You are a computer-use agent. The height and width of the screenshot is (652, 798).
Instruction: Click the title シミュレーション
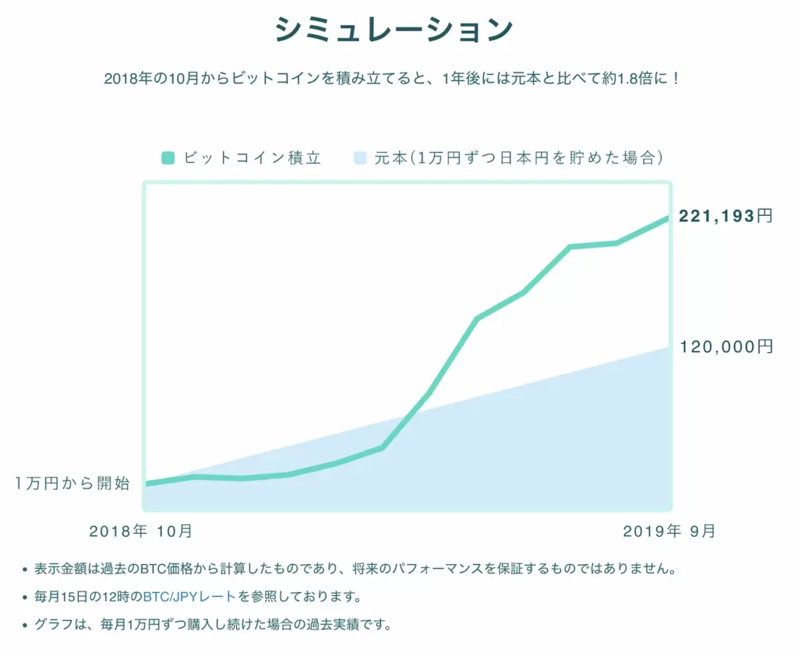click(x=394, y=30)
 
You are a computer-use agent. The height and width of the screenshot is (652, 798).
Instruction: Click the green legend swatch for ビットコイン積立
click(x=168, y=158)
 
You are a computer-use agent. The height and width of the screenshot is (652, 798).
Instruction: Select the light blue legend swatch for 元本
click(x=358, y=158)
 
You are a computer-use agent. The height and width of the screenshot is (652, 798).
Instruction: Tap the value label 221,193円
click(x=726, y=216)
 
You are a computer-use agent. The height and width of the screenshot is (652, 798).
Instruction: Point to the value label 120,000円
click(x=726, y=347)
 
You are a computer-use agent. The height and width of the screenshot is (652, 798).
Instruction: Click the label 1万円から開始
click(x=72, y=483)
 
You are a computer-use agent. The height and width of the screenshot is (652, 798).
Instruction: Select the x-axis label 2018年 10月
click(x=140, y=531)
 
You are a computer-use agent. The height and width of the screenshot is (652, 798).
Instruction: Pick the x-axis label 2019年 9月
click(x=669, y=531)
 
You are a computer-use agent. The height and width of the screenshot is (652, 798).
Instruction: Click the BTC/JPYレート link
click(x=189, y=597)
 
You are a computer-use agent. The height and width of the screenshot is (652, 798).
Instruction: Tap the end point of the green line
click(x=668, y=218)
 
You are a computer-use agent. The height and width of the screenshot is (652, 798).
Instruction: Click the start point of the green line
click(x=147, y=484)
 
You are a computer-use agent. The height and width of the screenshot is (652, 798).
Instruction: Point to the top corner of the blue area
click(x=669, y=347)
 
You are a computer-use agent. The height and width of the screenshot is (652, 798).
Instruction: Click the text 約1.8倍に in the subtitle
click(x=639, y=79)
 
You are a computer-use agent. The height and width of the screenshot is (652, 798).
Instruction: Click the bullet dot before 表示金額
click(x=26, y=569)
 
